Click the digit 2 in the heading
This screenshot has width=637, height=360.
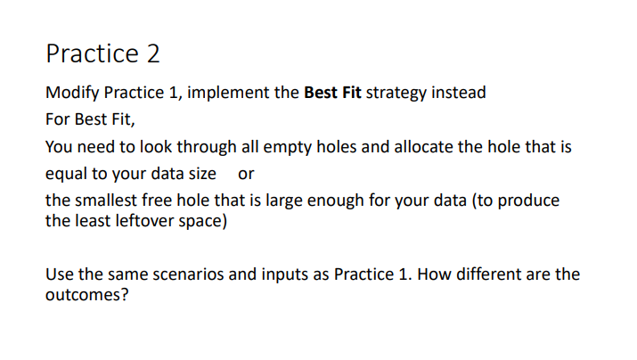[151, 54]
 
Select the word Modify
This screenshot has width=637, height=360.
[72, 93]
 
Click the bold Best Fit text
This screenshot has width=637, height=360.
[332, 93]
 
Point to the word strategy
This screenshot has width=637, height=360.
[397, 93]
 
